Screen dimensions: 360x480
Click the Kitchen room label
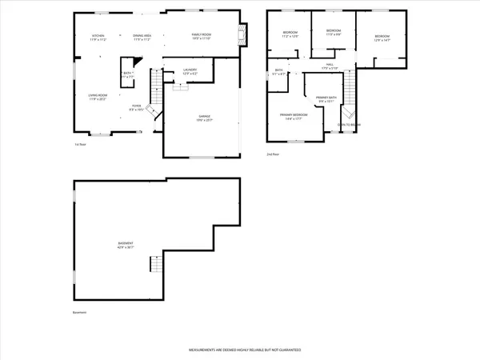tap(98, 38)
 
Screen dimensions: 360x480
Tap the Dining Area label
tap(142, 38)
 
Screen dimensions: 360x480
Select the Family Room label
tap(200, 38)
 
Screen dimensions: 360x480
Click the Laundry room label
tap(190, 72)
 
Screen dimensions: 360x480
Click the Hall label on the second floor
tap(329, 66)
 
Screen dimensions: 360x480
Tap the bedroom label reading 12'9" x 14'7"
tap(382, 38)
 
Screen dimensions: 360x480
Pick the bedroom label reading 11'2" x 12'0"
tap(289, 35)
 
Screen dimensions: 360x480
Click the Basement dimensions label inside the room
tap(126, 245)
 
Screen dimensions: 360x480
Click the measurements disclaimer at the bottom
tap(239, 350)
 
